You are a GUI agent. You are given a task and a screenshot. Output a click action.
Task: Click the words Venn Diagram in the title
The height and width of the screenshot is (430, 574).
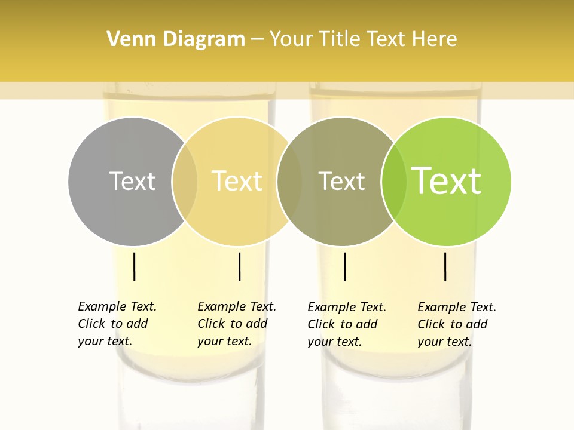176,39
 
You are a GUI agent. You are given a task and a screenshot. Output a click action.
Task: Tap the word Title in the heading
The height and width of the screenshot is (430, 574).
339,39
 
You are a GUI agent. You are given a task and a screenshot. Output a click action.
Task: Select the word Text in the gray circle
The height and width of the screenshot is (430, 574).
132,181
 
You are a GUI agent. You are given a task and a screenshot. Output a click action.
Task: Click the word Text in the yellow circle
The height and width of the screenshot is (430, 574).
237,181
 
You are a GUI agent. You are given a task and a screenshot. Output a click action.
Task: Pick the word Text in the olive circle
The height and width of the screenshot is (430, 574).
341,181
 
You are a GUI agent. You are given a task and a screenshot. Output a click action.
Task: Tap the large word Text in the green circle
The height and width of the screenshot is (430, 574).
447,181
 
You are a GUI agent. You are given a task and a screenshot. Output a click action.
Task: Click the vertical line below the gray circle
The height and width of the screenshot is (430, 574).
135,266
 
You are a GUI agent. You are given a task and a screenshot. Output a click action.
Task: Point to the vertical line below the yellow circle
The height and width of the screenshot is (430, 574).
239,266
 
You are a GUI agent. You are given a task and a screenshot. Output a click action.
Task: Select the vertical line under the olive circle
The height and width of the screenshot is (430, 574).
344,266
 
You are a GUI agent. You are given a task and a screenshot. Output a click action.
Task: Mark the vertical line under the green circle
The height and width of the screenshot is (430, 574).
445,266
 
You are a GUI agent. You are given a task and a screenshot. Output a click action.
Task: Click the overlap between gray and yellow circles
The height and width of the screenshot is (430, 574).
185,182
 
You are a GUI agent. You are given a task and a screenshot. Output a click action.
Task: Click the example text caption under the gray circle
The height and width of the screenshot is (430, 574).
117,324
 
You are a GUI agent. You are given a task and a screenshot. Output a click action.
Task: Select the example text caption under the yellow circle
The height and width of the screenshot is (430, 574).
237,324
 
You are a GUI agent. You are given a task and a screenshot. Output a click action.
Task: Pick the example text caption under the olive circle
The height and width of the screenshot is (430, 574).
347,324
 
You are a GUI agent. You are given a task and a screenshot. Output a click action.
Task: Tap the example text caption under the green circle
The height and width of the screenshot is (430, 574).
457,324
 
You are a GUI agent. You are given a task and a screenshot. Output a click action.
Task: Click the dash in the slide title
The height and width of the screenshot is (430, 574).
257,40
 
